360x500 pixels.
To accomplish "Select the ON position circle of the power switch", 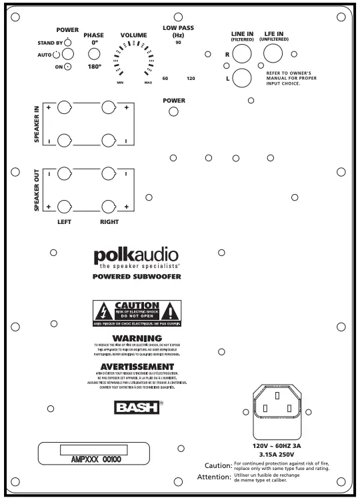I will [x=67, y=66].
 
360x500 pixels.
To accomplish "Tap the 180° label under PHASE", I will [x=95, y=67].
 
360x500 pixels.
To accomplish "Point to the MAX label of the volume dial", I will [x=148, y=82].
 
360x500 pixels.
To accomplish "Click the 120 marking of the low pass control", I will [x=191, y=79].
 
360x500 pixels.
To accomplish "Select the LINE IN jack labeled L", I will [x=241, y=78].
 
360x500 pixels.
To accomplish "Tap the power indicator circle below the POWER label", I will [x=174, y=111].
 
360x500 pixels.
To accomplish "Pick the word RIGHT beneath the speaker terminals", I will [x=109, y=221].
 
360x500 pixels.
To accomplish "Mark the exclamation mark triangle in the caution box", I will [x=171, y=310].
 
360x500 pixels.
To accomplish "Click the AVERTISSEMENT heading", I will [x=137, y=367].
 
